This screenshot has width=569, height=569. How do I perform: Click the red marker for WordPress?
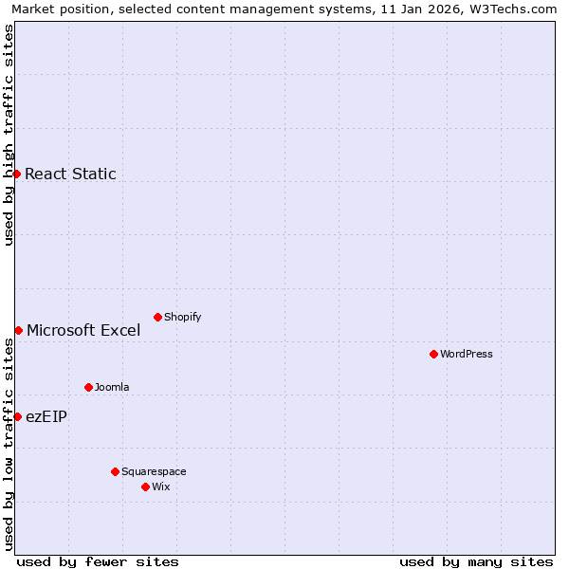tap(433, 354)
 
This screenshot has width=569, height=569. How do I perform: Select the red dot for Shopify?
tap(157, 317)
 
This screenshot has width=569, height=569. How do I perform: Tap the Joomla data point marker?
tap(88, 387)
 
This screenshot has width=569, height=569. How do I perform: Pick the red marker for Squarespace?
tap(115, 471)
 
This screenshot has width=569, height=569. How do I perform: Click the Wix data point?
tap(145, 486)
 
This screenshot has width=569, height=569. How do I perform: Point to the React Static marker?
tap(16, 174)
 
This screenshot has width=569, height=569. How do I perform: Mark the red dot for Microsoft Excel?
tap(18, 330)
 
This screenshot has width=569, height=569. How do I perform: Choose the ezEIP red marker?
tap(17, 416)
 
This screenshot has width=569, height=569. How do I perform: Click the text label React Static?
tap(70, 174)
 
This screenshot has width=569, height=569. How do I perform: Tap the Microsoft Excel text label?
tap(83, 330)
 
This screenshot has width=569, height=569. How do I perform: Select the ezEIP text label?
tap(46, 416)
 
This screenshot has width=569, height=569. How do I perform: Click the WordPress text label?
tap(467, 354)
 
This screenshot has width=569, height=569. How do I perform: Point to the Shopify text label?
tap(183, 317)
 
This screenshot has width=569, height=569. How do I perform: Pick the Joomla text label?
tap(112, 387)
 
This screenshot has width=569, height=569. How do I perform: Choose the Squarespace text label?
tap(154, 471)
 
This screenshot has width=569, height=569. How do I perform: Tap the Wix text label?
tap(161, 486)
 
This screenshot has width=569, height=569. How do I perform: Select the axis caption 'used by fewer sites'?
tap(98, 561)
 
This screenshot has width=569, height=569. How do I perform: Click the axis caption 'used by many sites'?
tap(476, 561)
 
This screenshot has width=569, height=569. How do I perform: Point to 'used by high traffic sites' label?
tap(9, 135)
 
